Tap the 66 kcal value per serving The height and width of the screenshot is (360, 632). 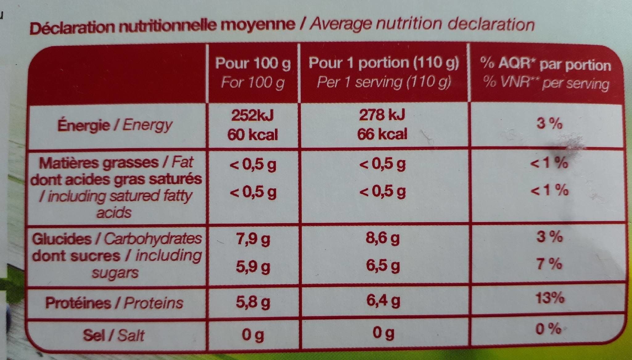[x=382, y=134]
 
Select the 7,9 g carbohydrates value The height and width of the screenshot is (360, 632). [x=253, y=239]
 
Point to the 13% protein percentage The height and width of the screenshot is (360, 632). [x=550, y=298]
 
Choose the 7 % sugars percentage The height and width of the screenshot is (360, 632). [x=549, y=264]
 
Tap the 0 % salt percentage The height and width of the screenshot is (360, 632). [x=548, y=329]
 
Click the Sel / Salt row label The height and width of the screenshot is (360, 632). [x=113, y=335]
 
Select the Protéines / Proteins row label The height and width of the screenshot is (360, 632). [x=114, y=303]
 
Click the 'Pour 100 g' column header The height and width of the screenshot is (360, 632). [x=253, y=64]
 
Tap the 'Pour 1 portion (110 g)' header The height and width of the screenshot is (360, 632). [x=384, y=63]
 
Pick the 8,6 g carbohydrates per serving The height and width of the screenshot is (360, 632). [x=383, y=238]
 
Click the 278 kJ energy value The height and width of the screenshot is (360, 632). [x=382, y=115]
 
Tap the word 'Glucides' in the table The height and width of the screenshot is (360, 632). [x=62, y=239]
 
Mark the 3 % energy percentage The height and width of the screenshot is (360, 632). [x=549, y=124]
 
